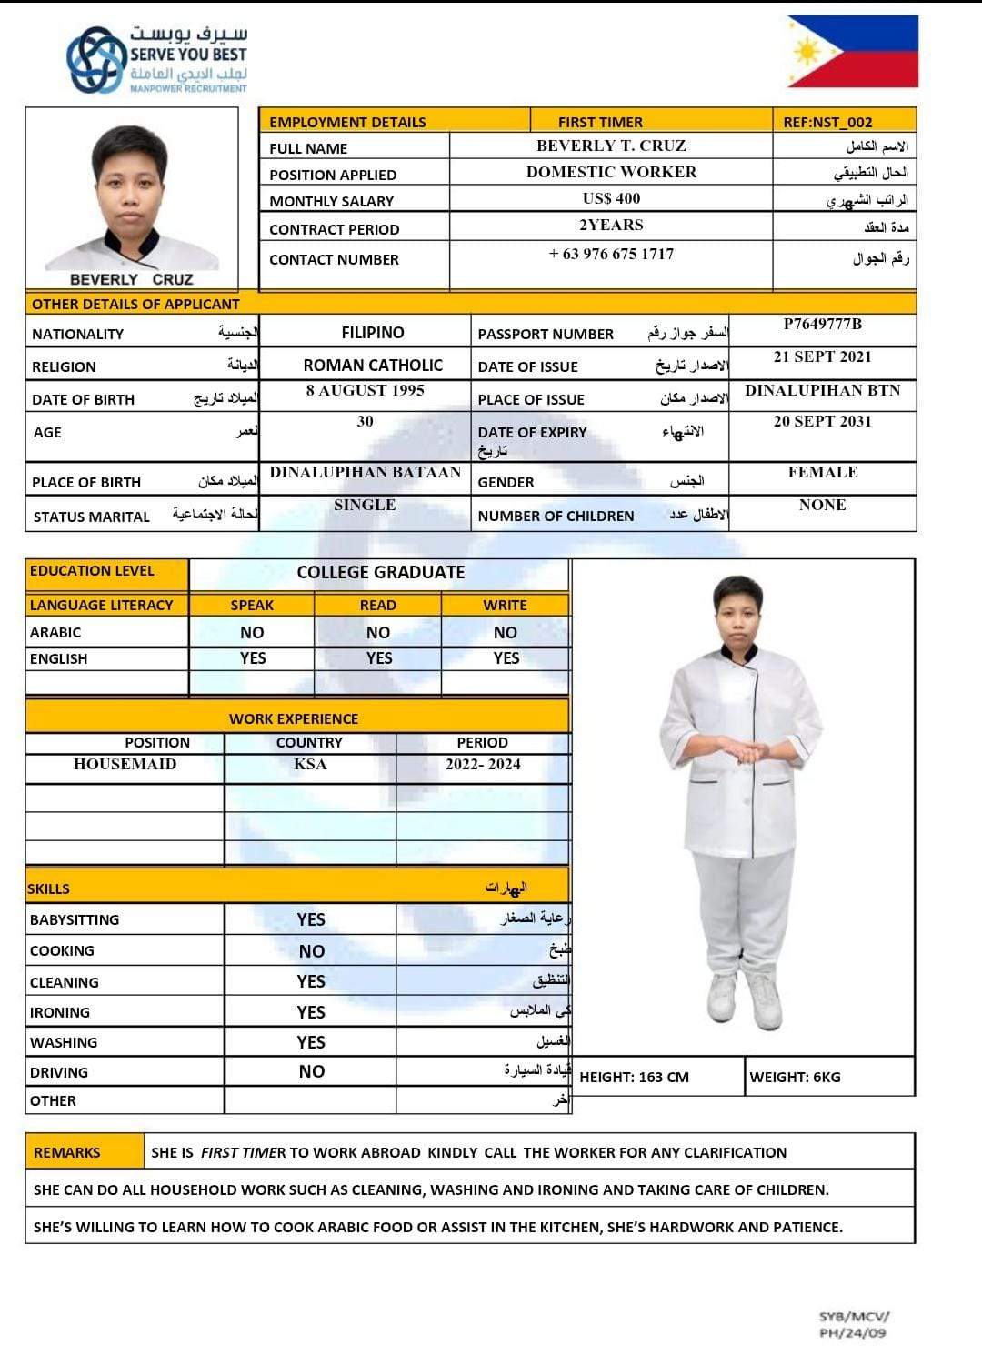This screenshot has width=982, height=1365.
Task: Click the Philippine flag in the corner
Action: (x=852, y=51)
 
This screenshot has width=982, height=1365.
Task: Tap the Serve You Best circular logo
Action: (x=95, y=59)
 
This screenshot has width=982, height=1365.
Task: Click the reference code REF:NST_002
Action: (x=827, y=122)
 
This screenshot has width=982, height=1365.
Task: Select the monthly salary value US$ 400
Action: (x=611, y=198)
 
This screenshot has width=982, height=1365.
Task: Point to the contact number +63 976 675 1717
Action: (x=611, y=254)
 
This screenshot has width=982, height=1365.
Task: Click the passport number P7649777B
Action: (x=822, y=324)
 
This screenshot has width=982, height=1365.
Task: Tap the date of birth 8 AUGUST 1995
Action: (x=365, y=390)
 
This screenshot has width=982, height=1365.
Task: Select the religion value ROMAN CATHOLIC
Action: (x=373, y=365)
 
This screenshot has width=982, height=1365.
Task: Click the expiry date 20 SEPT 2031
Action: (x=822, y=421)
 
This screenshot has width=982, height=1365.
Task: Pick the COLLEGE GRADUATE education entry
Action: (x=380, y=572)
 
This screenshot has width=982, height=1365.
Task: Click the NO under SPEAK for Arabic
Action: (x=252, y=632)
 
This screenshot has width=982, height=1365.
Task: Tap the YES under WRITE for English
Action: (x=506, y=658)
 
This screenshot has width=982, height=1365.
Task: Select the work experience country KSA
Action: (x=310, y=764)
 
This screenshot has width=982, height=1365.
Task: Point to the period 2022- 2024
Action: (x=483, y=764)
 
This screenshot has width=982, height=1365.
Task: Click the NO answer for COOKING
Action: (x=311, y=951)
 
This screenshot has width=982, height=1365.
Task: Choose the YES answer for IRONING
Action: (x=311, y=1012)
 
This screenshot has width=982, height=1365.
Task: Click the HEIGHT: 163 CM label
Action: (x=634, y=1077)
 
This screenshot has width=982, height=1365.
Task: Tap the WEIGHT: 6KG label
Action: (x=795, y=1077)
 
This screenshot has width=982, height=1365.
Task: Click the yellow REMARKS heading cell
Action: (x=67, y=1152)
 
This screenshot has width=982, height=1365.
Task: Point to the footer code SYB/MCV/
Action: (x=854, y=1316)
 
